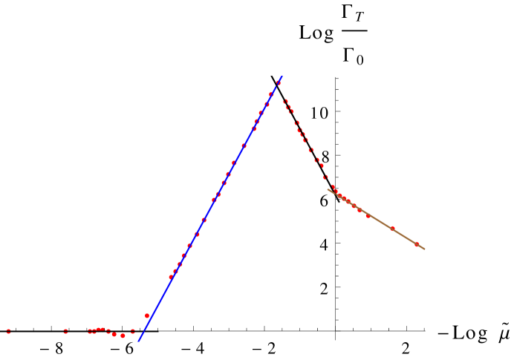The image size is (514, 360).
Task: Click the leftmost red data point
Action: (8, 331)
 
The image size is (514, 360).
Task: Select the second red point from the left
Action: (65, 331)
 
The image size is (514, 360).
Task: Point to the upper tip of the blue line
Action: (282, 76)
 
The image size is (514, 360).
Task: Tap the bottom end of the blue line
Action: (139, 341)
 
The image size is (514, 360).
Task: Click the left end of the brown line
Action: (328, 189)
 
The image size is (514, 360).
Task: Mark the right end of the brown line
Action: (425, 249)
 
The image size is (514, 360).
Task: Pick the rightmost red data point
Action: (417, 244)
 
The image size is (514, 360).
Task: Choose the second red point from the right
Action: (392, 229)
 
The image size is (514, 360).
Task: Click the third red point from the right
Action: (368, 216)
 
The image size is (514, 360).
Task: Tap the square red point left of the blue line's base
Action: (147, 316)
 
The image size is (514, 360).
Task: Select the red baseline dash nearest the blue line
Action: (132, 331)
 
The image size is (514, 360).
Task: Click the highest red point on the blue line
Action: (279, 82)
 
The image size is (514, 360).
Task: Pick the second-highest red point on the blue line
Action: (270, 95)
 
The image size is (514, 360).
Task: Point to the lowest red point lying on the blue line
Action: (171, 277)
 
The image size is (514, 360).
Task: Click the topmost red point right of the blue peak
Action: (285, 102)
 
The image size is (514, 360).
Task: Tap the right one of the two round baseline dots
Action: (123, 336)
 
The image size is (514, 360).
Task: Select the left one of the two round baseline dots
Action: (114, 335)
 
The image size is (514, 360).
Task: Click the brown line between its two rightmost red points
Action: (405, 237)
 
